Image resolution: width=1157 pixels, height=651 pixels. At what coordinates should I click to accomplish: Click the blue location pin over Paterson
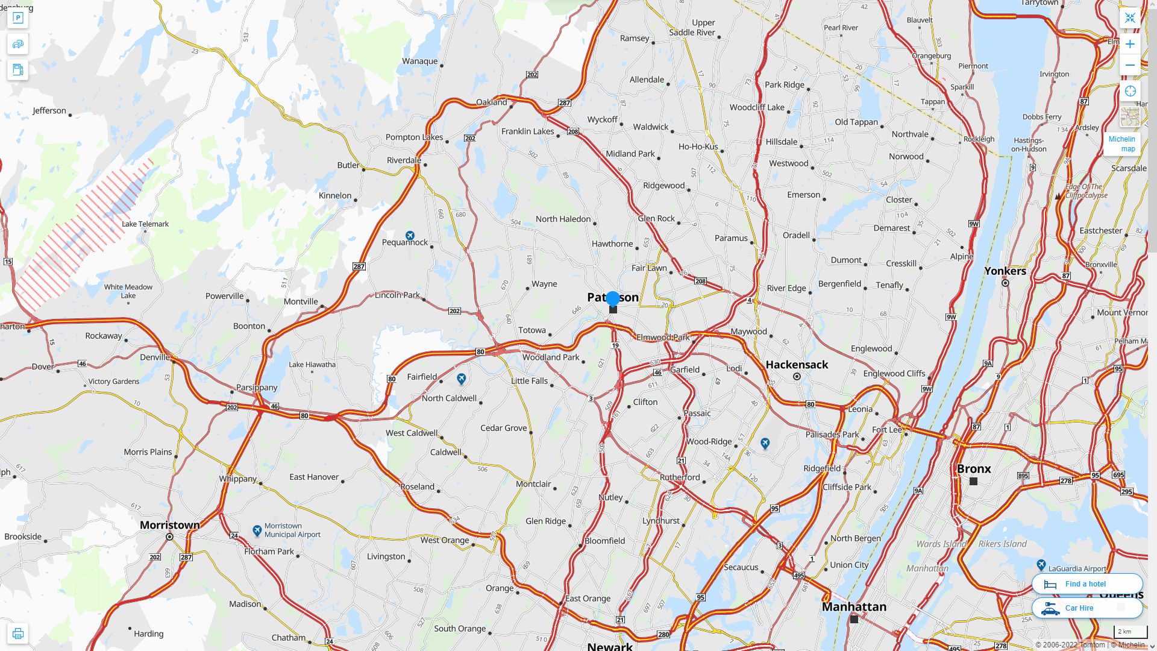point(613,298)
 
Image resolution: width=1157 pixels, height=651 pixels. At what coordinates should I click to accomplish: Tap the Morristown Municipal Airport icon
point(257,530)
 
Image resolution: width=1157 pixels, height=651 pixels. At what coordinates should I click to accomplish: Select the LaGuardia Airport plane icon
point(1041,565)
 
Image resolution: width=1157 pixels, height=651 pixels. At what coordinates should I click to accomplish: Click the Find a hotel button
point(1086,583)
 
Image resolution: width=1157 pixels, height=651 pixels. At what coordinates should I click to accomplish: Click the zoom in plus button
point(1130,44)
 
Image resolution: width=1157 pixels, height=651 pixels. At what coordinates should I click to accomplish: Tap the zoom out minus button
point(1130,65)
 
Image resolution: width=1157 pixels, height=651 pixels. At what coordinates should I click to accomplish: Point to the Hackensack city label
point(797,365)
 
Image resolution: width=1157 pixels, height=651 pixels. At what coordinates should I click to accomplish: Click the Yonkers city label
point(1005,271)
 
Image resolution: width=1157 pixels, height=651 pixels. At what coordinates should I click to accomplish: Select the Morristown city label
point(170,525)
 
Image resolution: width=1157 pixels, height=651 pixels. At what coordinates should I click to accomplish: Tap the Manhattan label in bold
point(854,606)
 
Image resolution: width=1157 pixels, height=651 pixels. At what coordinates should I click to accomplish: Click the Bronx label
point(974,468)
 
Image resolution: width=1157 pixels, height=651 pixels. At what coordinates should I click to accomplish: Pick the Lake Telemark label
point(145,224)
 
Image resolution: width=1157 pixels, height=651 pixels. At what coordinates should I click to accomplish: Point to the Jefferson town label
point(49,111)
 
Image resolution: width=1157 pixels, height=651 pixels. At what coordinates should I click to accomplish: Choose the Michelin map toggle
point(1122,143)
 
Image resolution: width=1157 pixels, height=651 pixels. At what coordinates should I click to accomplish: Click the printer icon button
point(17,634)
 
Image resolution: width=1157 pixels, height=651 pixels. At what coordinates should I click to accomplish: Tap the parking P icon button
point(17,18)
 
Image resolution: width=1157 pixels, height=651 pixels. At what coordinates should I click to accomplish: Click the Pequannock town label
point(405,242)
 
